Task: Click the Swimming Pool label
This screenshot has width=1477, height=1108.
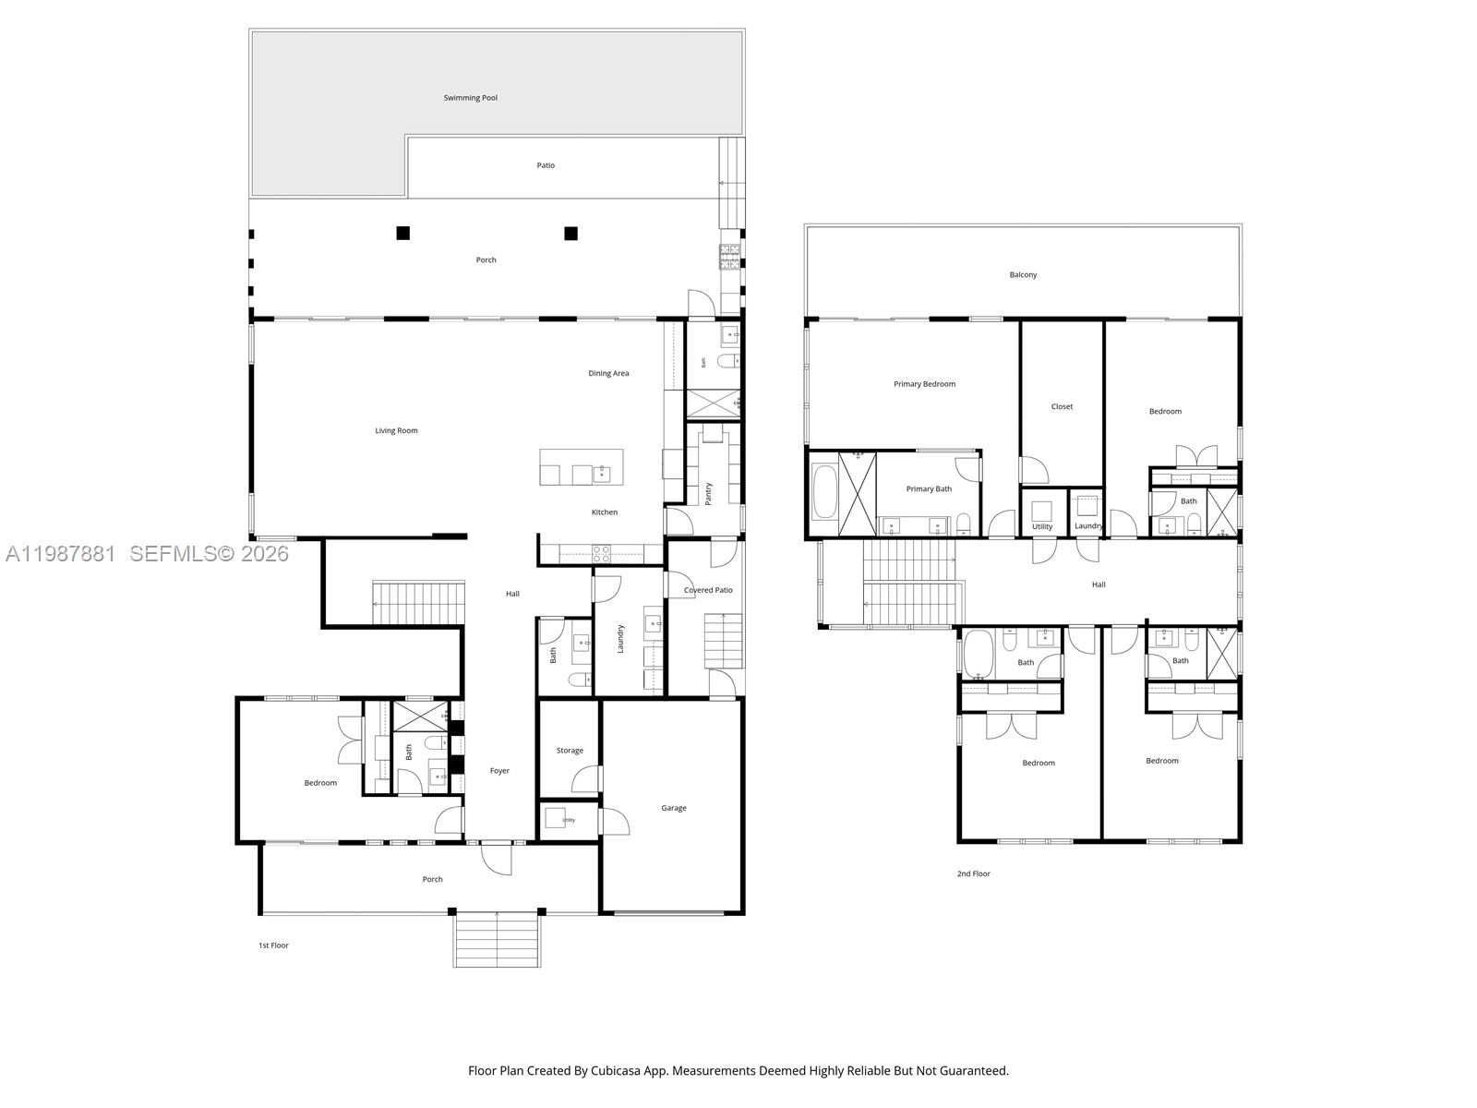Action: (x=470, y=98)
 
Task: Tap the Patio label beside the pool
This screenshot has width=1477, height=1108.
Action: (x=546, y=165)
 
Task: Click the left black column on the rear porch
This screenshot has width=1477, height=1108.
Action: (x=402, y=233)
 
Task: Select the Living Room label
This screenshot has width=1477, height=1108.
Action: (x=396, y=430)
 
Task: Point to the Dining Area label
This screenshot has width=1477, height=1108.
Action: (x=608, y=373)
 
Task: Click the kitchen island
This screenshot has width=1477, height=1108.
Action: (x=581, y=466)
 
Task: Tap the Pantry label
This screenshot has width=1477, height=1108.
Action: (x=708, y=493)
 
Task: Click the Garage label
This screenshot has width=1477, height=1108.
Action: (x=673, y=808)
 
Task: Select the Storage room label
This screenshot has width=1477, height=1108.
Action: (x=570, y=751)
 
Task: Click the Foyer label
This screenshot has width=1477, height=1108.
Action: (x=499, y=771)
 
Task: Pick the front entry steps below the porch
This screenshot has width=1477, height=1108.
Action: (x=497, y=940)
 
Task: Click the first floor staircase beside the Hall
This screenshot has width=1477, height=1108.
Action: (x=418, y=603)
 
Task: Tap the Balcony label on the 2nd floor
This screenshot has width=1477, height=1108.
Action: (x=1023, y=275)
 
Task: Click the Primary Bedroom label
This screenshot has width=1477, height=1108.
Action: (x=924, y=384)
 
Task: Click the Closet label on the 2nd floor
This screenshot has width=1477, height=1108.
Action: (x=1062, y=406)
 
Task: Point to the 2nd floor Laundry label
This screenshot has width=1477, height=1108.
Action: (x=1088, y=526)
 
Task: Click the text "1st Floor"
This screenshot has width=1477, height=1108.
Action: (x=273, y=945)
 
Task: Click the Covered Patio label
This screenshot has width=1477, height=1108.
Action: (x=708, y=590)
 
